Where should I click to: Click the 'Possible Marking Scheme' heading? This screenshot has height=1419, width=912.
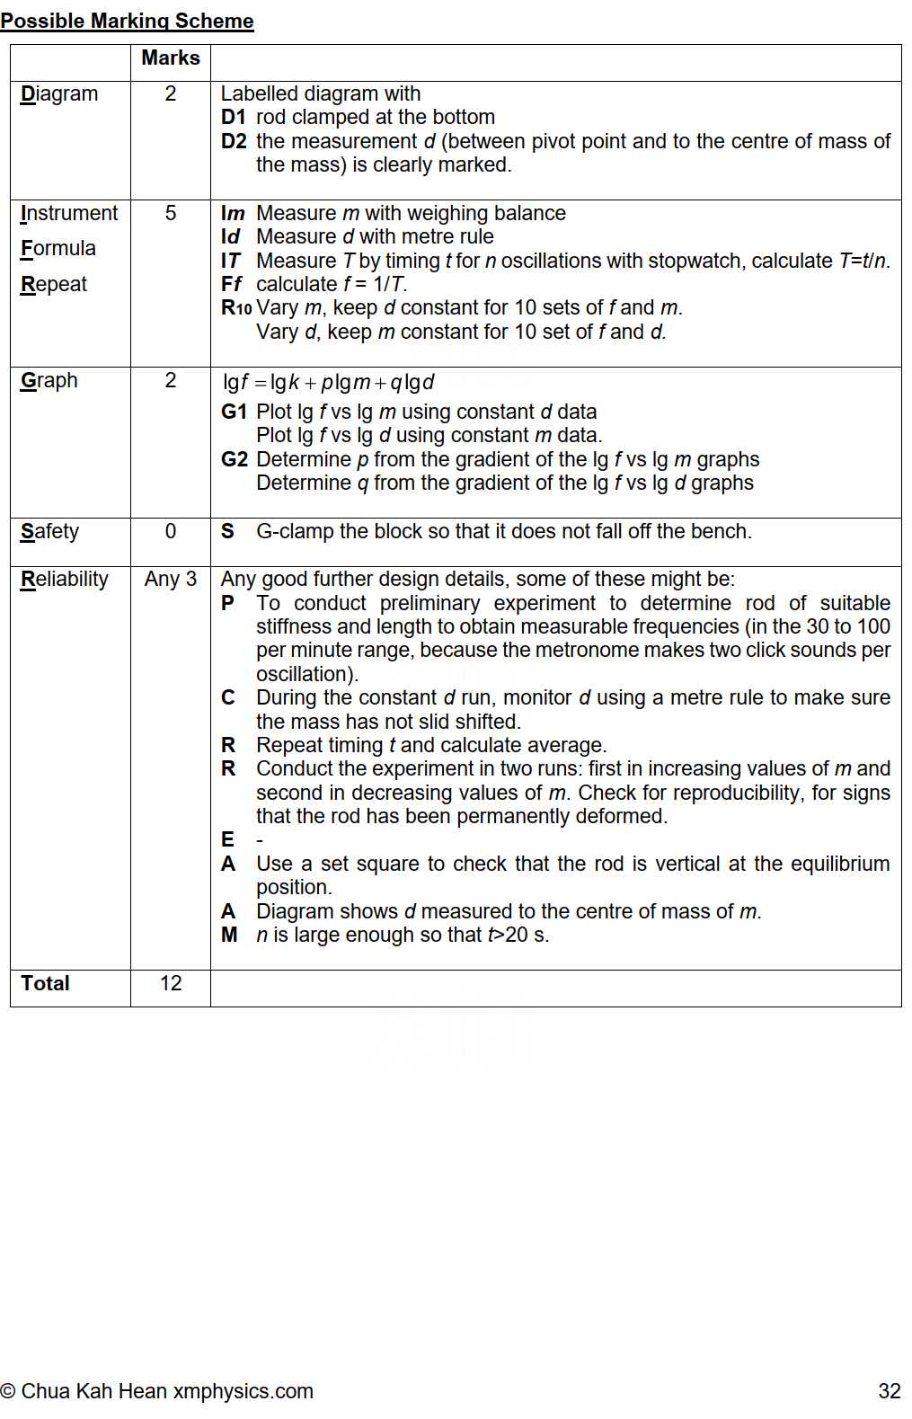[x=127, y=21]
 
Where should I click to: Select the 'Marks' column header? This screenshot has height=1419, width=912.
[x=171, y=58]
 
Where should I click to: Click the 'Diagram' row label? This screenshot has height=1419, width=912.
[x=59, y=93]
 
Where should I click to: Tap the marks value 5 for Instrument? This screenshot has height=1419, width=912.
[x=171, y=213]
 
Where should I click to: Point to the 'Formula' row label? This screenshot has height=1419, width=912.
[x=58, y=248]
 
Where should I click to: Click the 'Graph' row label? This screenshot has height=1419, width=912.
[x=49, y=380]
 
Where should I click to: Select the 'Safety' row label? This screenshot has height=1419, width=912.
[x=50, y=531]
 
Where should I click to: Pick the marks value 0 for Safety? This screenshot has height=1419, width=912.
[x=171, y=531]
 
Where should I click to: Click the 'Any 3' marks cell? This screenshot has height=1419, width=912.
[x=171, y=579]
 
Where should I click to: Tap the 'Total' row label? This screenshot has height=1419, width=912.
[x=46, y=983]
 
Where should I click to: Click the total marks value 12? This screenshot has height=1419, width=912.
[x=171, y=983]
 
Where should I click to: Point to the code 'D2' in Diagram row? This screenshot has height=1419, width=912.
[x=234, y=141]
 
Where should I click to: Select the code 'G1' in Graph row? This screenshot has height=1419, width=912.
[x=234, y=412]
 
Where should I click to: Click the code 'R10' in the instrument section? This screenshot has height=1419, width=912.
[x=236, y=308]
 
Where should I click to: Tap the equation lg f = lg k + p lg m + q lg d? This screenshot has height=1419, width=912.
[x=329, y=382]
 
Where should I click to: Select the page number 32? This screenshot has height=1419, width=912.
[x=889, y=1391]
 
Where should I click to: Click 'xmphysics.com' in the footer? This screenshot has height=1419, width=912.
[x=243, y=1391]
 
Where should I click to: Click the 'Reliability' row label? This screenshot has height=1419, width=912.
[x=65, y=579]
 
